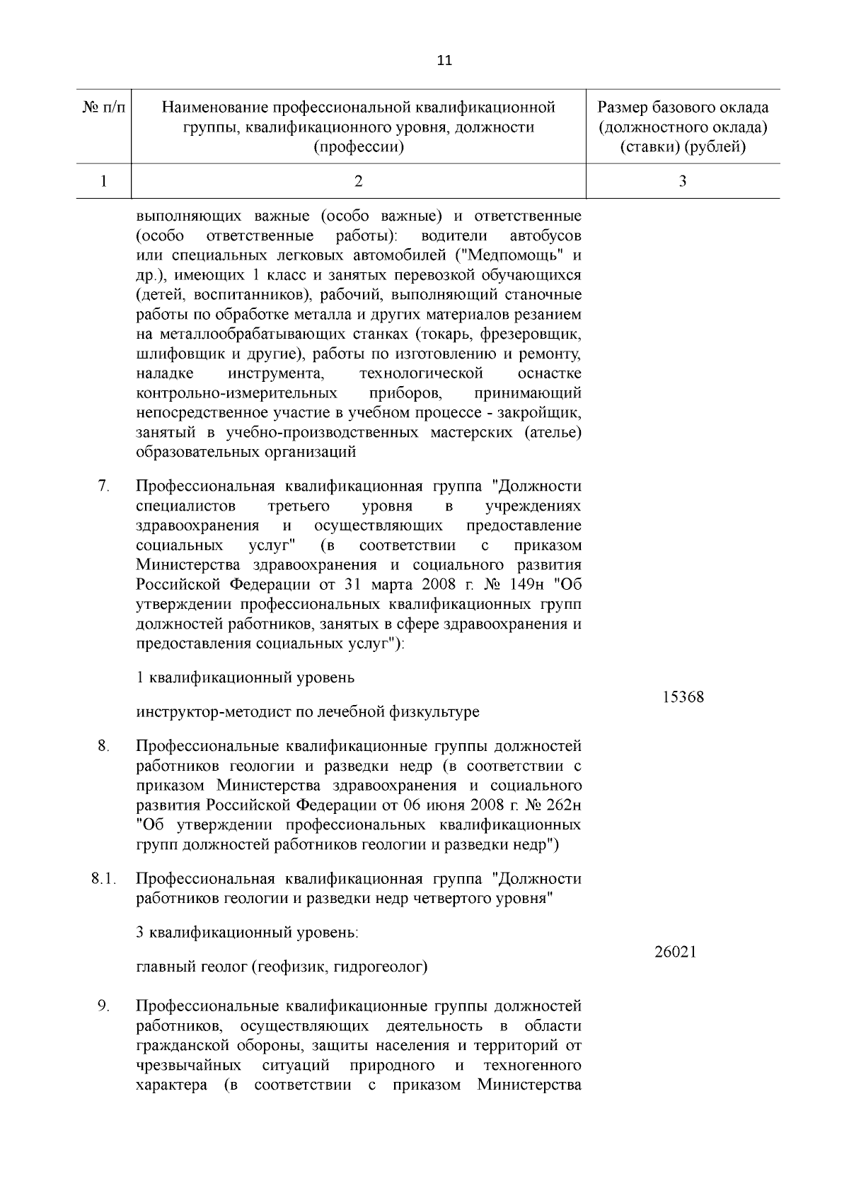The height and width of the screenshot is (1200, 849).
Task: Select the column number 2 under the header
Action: pos(359,182)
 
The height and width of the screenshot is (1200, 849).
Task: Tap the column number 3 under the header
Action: pos(683,182)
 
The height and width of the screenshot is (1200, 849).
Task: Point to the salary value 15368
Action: pos(683,697)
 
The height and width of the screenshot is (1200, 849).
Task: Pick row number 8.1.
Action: pos(103,879)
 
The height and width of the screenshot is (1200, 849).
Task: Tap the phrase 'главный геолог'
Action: pos(191,967)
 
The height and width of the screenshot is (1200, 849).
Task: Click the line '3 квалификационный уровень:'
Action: pos(247,933)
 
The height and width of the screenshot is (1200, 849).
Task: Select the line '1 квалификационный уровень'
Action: pos(245,678)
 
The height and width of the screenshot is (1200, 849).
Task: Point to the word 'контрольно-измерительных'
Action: pos(236,392)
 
